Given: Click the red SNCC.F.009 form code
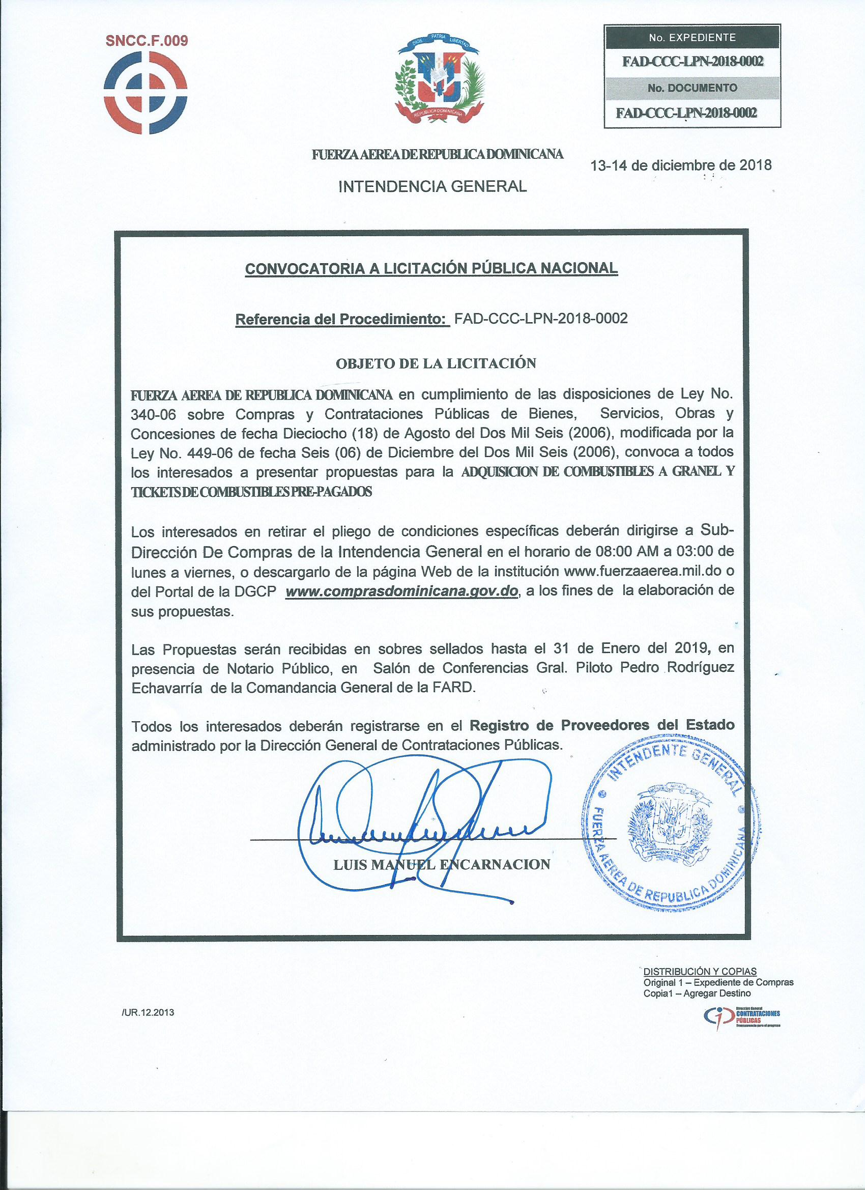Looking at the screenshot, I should pos(147,41).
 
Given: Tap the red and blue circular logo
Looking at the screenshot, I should pos(146,93).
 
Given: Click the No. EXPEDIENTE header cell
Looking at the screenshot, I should pos(692,38).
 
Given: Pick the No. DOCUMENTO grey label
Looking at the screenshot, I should pos(692,88).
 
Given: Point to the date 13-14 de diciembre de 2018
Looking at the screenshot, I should pos(681,165).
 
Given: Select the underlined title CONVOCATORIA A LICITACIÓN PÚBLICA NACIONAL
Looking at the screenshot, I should pos(431,269).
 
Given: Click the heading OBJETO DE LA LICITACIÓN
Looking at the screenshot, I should pos(436,363).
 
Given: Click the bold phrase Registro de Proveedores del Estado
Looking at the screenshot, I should pos(601,725).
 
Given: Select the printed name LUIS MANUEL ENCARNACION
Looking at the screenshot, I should pos(442,865).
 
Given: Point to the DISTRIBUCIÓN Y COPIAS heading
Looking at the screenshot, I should pos(700,972).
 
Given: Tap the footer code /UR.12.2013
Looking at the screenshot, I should pos(148,1013).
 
